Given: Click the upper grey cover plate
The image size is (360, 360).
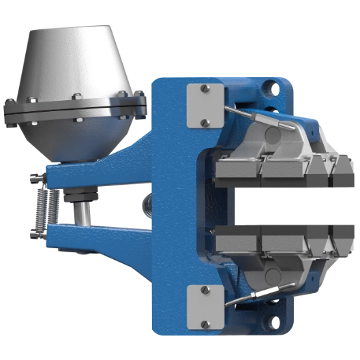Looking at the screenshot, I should (x=205, y=106).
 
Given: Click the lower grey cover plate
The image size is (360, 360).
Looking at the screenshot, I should (x=204, y=307).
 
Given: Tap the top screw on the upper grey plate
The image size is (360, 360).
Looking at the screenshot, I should (x=205, y=89).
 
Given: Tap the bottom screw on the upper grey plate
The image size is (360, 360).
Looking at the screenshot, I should (x=205, y=123).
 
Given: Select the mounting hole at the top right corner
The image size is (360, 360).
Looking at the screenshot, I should (x=275, y=89).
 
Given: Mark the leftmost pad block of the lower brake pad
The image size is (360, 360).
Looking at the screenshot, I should (x=235, y=241).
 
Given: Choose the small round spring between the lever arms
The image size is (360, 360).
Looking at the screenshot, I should (x=147, y=202).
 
